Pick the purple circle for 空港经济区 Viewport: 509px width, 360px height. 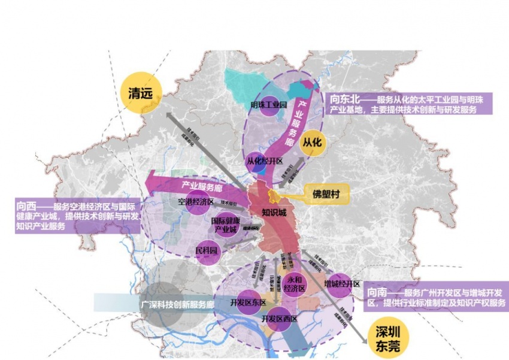click(x=196, y=202)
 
